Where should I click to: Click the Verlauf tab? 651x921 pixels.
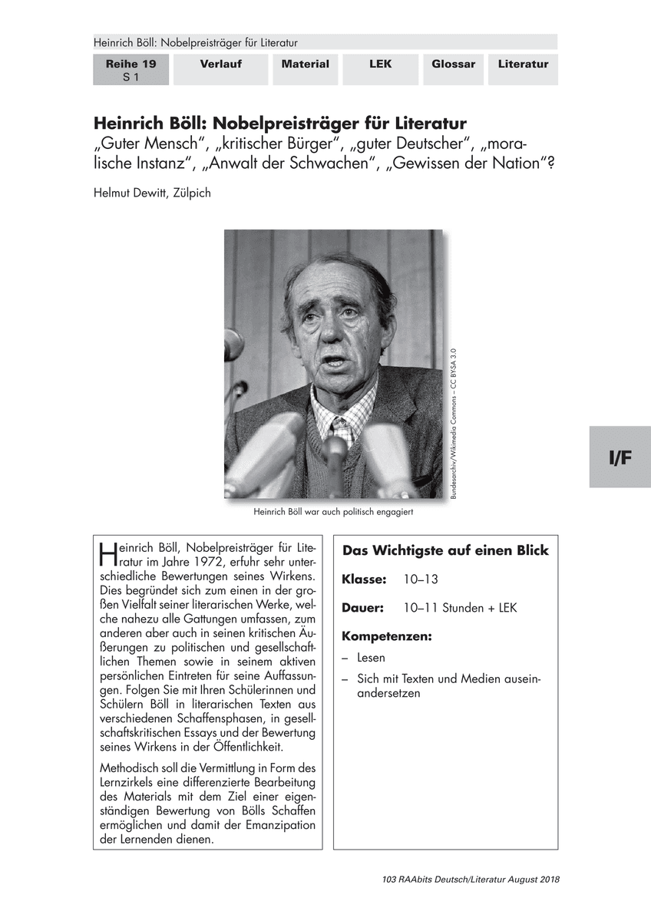point(221,64)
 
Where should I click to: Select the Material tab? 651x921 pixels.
point(305,64)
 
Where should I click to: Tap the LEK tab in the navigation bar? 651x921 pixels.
point(379,64)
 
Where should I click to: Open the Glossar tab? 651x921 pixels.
point(453,64)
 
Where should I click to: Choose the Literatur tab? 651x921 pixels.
point(523,64)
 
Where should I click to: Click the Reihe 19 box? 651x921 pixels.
point(131,70)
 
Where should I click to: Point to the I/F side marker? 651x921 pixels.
point(620,458)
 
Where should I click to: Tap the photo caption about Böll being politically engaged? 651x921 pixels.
point(332,511)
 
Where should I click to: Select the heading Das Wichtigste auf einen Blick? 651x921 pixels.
point(445,551)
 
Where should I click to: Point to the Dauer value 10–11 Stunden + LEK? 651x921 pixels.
point(460,608)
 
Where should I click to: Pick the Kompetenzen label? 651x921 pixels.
point(386,636)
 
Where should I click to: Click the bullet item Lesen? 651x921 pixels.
point(371,658)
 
